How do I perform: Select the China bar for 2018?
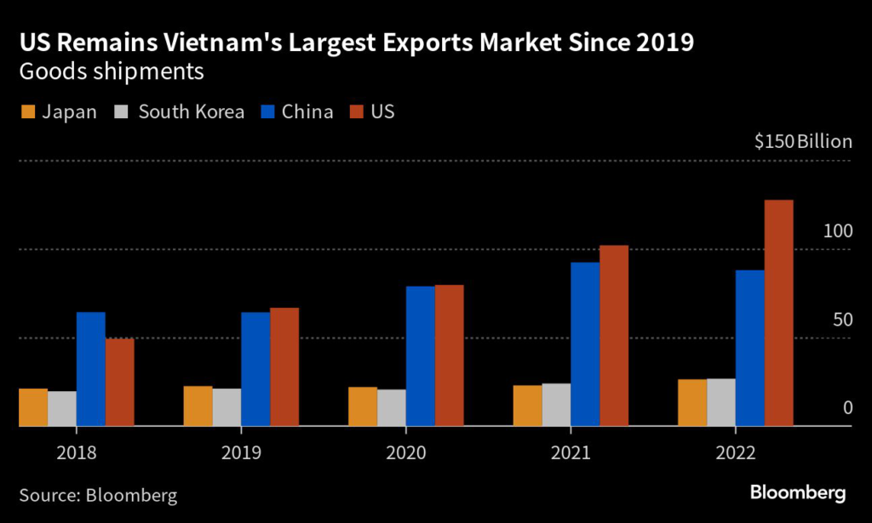coord(91,369)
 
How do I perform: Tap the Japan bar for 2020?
coord(363,406)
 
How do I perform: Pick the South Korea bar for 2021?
coord(556,405)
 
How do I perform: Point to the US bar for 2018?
coord(120,383)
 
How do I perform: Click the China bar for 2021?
coord(585,344)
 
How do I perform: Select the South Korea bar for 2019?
coord(227,407)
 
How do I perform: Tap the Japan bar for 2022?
coord(692,403)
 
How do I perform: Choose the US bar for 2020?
coord(450,355)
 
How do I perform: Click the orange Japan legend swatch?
coord(26,112)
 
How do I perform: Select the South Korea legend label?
coord(192,112)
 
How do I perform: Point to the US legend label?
coord(382,112)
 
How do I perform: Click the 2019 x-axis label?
coord(241,452)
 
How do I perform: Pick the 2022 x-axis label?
coord(735,452)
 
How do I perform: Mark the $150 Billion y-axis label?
coord(803,141)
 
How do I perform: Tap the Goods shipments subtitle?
coord(112,72)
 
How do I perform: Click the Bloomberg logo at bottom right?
coord(797,492)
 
